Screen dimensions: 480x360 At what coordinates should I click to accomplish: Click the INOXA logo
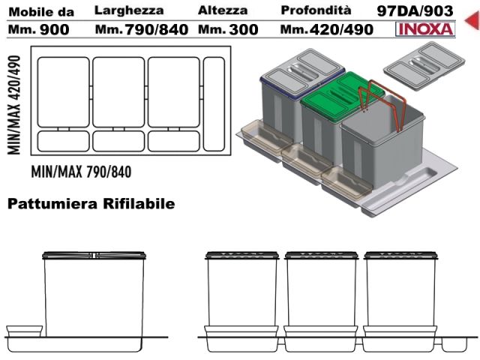pos(425,29)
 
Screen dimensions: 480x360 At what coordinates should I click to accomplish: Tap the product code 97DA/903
pos(415,11)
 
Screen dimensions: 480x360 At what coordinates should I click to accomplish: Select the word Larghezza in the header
pos(129,10)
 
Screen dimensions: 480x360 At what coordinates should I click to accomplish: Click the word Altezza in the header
pos(223,10)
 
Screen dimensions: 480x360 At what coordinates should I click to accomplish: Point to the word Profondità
pos(316,10)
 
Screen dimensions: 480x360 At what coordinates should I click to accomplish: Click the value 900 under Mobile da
pos(55,30)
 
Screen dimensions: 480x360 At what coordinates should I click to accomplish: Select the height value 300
pos(244,30)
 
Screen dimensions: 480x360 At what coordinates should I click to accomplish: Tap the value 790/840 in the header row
pos(157,30)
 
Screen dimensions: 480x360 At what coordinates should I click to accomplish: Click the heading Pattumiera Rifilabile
pos(91,203)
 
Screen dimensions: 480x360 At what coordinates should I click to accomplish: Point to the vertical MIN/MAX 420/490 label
pos(14,105)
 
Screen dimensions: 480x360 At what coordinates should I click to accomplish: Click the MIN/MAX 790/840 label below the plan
pos(82,172)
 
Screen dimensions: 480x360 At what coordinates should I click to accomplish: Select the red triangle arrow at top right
pos(472,19)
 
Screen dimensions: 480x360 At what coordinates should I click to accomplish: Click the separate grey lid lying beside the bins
pos(424,65)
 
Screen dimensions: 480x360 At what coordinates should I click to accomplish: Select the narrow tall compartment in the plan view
pos(214,104)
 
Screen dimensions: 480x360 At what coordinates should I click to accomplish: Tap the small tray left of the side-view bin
pos(24,331)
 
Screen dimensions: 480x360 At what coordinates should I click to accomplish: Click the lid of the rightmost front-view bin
pos(400,255)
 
